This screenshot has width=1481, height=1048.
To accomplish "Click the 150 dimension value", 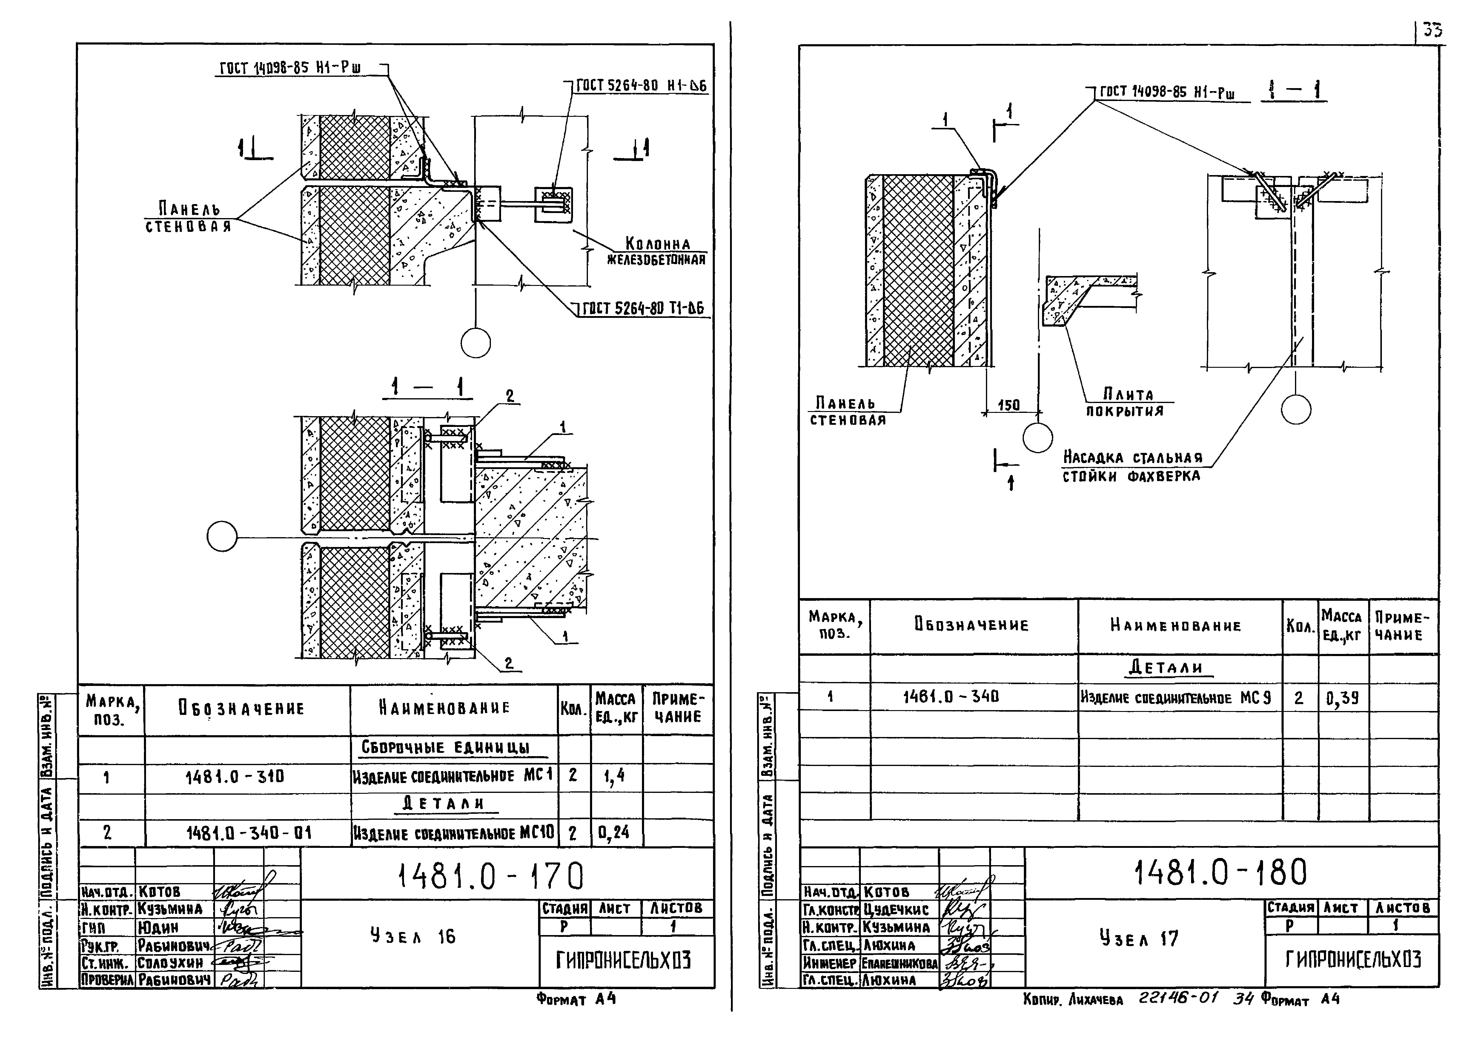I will tap(1009, 405).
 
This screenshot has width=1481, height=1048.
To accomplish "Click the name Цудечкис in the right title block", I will tap(897, 910).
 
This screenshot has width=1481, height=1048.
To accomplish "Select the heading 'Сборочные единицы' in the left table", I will tap(445, 748).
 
